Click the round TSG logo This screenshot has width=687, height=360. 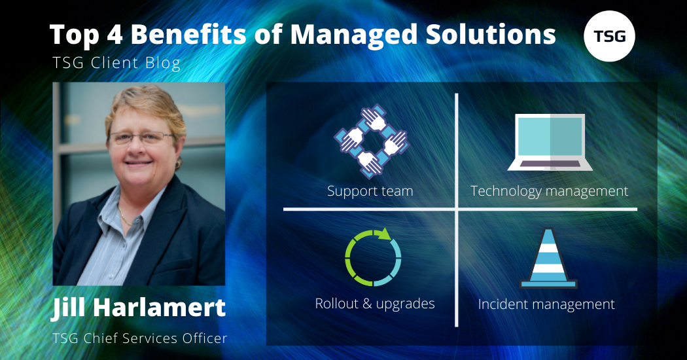(609, 36)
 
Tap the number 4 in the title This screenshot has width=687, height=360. (114, 35)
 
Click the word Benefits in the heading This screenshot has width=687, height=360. (188, 34)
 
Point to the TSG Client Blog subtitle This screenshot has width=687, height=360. (116, 63)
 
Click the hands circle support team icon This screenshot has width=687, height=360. (371, 141)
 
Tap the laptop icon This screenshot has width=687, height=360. (550, 142)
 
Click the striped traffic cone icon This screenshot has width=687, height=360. (548, 258)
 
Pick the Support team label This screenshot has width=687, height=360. (370, 191)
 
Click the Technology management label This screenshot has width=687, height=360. (550, 191)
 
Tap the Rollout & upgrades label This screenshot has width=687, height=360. (375, 304)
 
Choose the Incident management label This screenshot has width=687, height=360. (547, 304)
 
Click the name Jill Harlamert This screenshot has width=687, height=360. (139, 308)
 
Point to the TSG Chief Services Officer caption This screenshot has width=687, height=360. (140, 338)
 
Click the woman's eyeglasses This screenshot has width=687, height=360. (141, 137)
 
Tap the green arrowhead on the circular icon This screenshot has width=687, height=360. (384, 234)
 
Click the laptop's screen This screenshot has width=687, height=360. (550, 137)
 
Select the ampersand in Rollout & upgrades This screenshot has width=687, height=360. (367, 304)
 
